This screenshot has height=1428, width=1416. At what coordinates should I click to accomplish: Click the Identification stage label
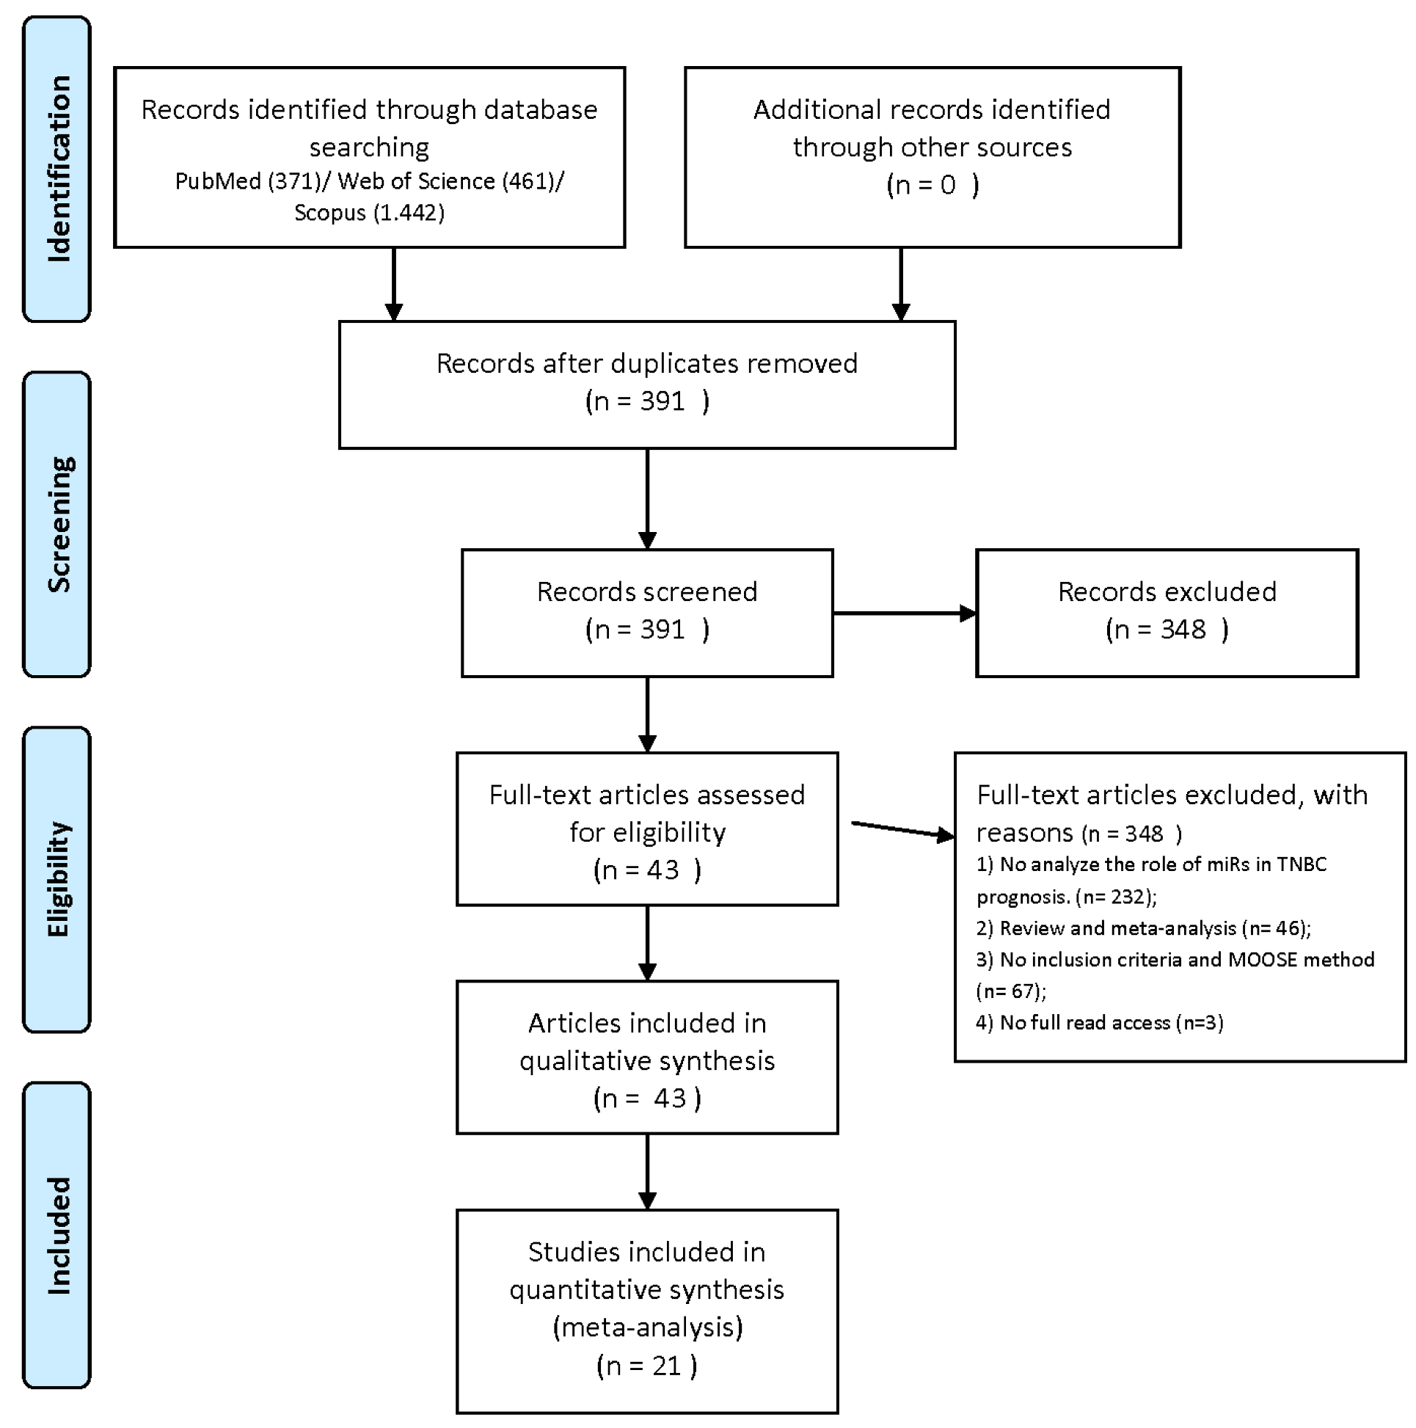point(58,169)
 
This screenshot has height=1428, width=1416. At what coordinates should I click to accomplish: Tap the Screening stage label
point(58,524)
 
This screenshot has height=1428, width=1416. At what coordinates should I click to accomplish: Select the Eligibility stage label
point(58,879)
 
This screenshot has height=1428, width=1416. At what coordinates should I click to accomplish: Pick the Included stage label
point(58,1235)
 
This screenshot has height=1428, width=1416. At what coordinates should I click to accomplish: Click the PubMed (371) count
point(247,181)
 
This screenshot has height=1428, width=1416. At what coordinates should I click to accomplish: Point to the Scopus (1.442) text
point(369,213)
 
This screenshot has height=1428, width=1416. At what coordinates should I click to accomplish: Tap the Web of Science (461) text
point(448,181)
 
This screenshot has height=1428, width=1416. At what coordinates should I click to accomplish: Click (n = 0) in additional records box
point(932,184)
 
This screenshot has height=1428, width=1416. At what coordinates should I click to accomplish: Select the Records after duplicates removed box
point(646,385)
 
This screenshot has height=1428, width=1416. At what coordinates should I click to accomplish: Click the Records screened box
point(646,612)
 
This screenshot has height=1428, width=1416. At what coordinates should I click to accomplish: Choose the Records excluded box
point(1167,612)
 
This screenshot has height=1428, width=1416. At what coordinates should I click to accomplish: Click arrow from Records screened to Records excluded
point(903,613)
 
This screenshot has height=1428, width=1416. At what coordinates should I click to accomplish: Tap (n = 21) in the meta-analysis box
point(646,1365)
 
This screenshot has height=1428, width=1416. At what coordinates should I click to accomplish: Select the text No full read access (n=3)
point(1111,1022)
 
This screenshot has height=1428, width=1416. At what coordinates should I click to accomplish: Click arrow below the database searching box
point(394,285)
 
